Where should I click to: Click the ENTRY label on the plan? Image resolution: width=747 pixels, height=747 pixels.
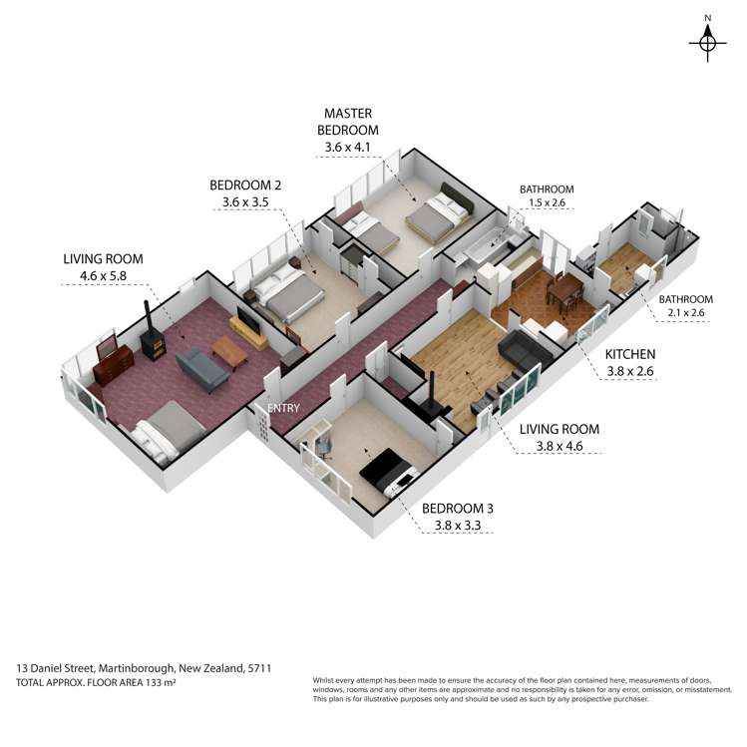[x=283, y=408]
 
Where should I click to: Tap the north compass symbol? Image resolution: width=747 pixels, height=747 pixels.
[x=707, y=43]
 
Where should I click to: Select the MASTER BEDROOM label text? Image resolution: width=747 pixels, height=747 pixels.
[x=348, y=122]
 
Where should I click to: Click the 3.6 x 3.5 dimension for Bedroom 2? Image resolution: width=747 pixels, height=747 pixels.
[x=245, y=202]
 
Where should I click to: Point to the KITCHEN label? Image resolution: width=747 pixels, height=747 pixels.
[x=630, y=354]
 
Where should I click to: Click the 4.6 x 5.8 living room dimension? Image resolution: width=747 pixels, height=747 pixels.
[x=103, y=276]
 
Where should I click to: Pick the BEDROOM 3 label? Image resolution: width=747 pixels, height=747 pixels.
[x=458, y=509]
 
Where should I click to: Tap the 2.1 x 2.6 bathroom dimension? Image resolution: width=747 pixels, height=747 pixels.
[x=686, y=313]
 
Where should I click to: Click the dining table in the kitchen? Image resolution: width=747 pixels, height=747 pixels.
[x=565, y=288]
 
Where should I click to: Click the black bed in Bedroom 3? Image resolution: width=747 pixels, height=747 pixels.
[x=389, y=471]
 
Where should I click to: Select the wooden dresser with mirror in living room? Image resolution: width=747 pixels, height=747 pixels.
[x=114, y=359]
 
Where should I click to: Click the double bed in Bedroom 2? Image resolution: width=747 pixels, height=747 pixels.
[x=287, y=294]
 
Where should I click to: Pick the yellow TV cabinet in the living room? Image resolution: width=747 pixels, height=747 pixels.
[x=248, y=332]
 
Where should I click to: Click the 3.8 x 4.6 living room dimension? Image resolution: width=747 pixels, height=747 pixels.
[x=560, y=447]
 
